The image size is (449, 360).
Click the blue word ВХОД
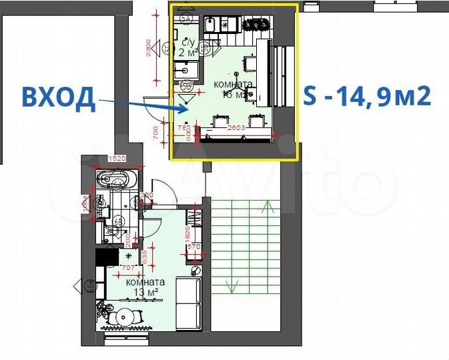click(x=57, y=98)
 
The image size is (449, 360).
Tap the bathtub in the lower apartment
click(x=117, y=179)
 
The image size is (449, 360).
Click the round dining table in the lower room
click(x=123, y=317)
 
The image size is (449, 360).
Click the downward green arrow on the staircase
click(x=232, y=287)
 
